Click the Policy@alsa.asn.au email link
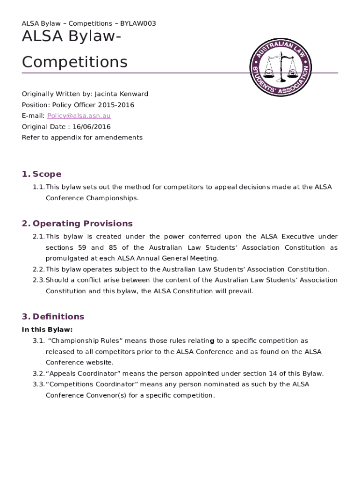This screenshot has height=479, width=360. (x=78, y=116)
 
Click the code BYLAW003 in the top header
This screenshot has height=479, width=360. (x=138, y=23)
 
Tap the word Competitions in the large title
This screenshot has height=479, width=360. (x=75, y=62)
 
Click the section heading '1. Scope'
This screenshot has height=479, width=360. (x=42, y=174)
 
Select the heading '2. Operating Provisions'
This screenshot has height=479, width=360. (x=77, y=224)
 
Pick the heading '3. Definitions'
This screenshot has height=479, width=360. (x=53, y=317)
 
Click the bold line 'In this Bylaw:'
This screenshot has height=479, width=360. (x=47, y=330)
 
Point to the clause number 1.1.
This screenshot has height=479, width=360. (x=38, y=187)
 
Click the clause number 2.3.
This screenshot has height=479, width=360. (x=38, y=280)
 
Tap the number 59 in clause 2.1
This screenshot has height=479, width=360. (x=82, y=247)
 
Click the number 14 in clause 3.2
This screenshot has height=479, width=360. (x=269, y=373)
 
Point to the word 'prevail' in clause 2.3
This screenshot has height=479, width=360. (x=241, y=291)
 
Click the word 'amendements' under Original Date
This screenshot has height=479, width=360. (x=121, y=138)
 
